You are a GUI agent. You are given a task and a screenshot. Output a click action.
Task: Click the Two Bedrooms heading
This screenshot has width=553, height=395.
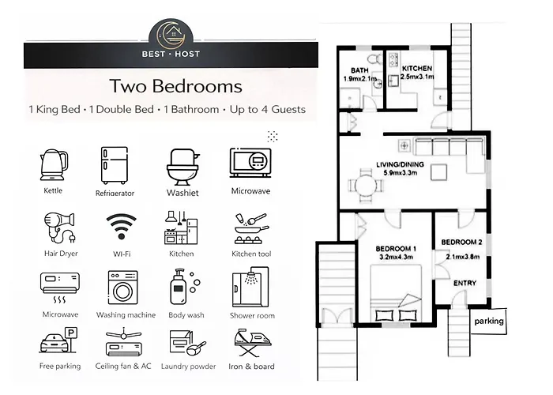(x=175, y=85)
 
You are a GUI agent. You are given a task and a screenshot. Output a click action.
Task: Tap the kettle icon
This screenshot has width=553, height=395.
(x=52, y=164)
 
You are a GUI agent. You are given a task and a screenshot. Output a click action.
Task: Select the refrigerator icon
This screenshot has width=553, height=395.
(x=114, y=165)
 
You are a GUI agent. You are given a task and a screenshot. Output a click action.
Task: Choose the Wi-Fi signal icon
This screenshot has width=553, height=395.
(x=120, y=228)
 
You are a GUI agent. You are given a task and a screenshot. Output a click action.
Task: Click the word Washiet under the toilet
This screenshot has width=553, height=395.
(x=182, y=191)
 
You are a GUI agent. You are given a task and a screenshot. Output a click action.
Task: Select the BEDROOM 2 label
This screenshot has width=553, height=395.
(x=461, y=242)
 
